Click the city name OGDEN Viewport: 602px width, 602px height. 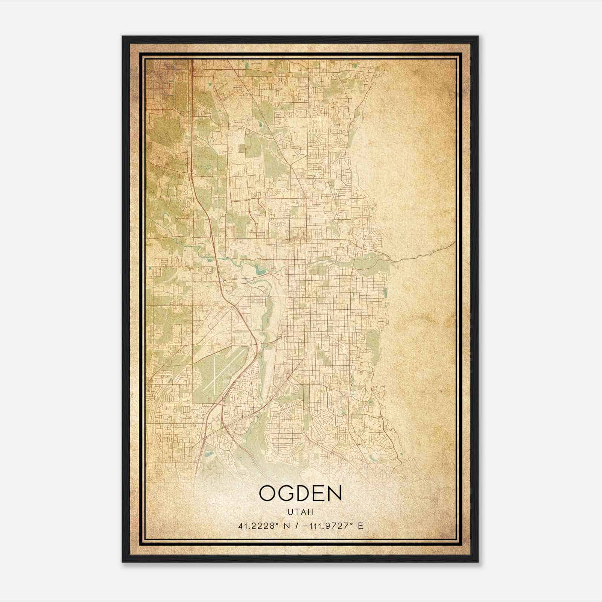[300, 493]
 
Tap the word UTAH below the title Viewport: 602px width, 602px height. [301, 512]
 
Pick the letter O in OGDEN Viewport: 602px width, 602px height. [267, 493]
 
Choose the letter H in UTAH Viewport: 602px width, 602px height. [311, 512]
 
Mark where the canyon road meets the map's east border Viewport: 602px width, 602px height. [454, 243]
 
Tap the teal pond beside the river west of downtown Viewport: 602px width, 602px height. [259, 269]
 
